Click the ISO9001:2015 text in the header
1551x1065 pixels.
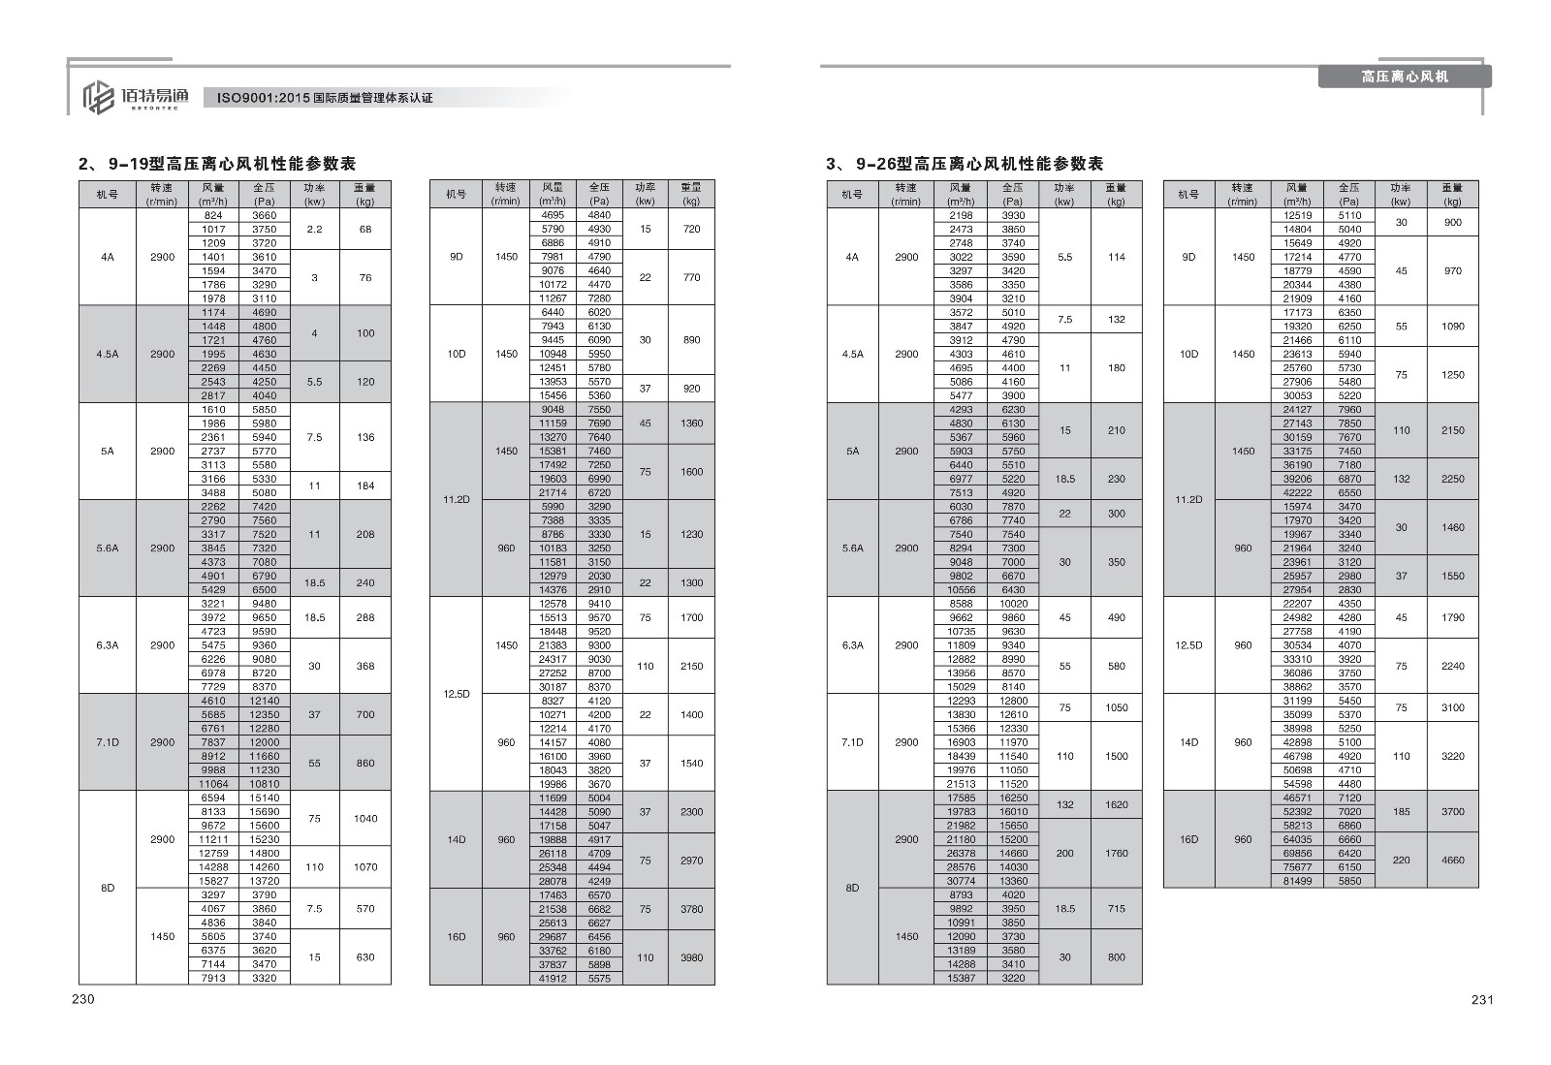[324, 98]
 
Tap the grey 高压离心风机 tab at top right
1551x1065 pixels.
[1404, 77]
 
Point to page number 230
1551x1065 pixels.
[82, 999]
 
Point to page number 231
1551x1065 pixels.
[1482, 1000]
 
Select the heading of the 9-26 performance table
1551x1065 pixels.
[965, 164]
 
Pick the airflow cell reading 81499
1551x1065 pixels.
[1297, 881]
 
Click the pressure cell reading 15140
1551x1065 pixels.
[264, 798]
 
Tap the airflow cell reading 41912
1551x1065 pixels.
[552, 979]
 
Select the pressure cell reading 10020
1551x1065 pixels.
[1013, 604]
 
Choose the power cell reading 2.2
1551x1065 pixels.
[314, 230]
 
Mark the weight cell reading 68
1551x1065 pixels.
[365, 230]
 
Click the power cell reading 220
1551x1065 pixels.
[1401, 860]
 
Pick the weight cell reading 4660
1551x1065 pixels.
[1452, 860]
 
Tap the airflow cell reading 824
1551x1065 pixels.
[213, 215]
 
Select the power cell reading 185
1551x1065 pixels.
[1401, 811]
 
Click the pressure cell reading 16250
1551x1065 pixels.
[1013, 798]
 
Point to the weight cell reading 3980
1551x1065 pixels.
[691, 957]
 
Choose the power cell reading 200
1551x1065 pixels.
[1064, 853]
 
